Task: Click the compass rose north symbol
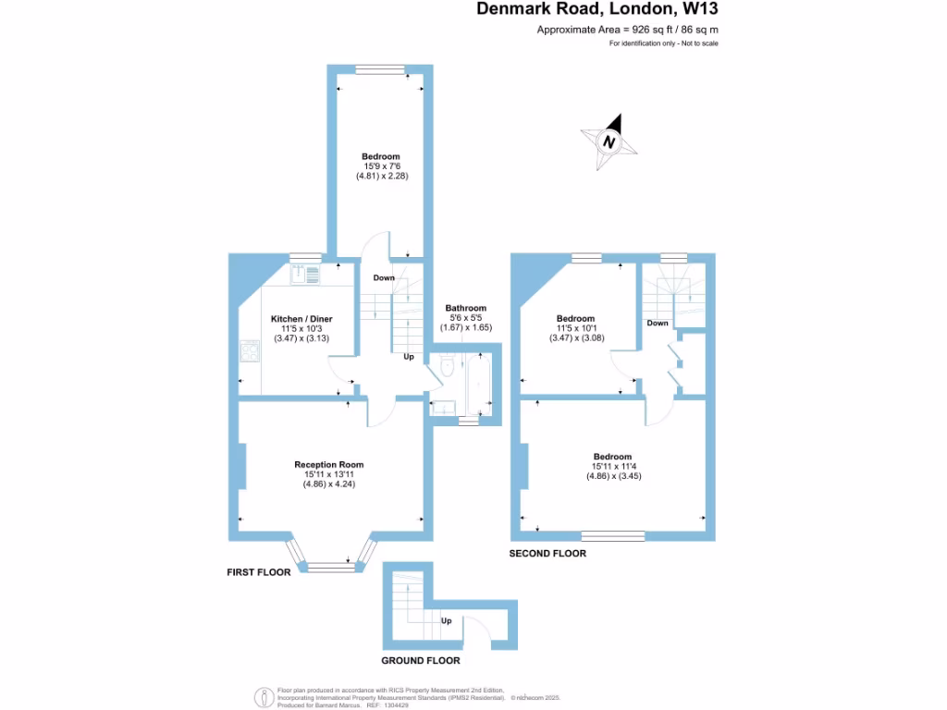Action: (609, 141)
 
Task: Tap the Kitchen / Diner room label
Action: (301, 319)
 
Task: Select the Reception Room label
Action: (328, 464)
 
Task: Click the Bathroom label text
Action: (465, 308)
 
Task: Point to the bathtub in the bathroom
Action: (478, 384)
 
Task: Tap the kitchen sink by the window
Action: (306, 274)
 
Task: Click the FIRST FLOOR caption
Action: (259, 572)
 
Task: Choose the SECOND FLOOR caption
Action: (547, 553)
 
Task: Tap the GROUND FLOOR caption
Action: (421, 661)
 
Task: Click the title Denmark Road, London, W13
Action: (597, 9)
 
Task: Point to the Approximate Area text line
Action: (628, 30)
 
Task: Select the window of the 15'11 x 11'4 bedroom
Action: (612, 535)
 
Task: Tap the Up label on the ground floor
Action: (446, 620)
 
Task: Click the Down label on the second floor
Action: (658, 323)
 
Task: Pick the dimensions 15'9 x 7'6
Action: (380, 166)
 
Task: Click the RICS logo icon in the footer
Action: (264, 695)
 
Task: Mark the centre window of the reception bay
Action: (328, 568)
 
